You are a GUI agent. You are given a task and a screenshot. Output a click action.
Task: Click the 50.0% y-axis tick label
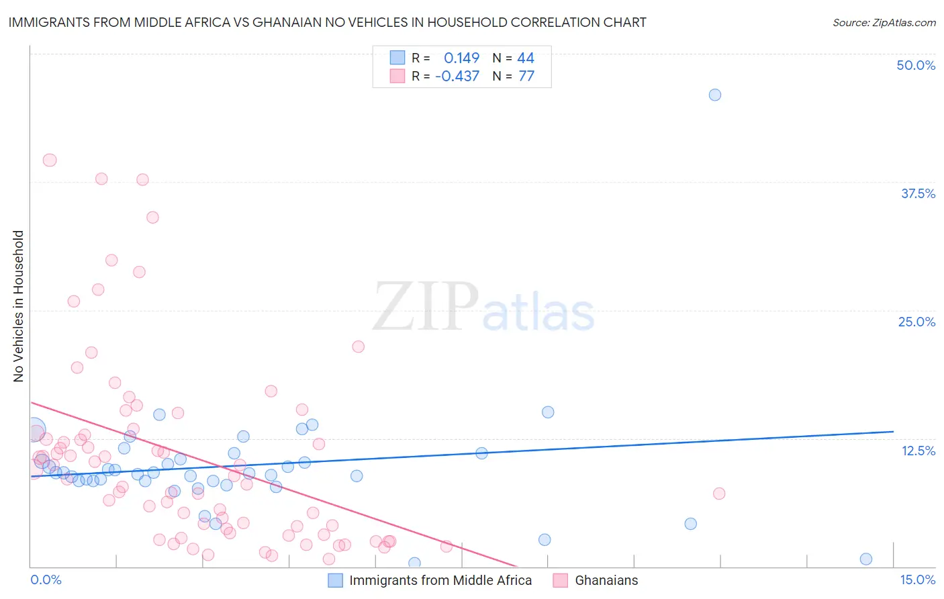tap(916, 65)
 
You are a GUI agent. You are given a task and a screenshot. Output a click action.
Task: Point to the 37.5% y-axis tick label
tap(918, 193)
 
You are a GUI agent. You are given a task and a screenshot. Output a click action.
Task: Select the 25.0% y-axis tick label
tap(916, 322)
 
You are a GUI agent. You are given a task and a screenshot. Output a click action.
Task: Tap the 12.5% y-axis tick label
tap(918, 451)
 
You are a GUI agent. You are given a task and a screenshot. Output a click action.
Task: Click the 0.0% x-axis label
tap(46, 580)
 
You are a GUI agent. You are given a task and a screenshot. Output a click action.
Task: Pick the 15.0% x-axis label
tap(917, 580)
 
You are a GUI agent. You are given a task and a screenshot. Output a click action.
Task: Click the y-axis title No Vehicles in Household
tap(19, 306)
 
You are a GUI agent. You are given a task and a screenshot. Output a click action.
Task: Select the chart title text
tap(327, 22)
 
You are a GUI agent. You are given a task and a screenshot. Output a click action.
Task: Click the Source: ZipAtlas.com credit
tap(884, 23)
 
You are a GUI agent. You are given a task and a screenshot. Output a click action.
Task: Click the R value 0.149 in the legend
tap(461, 58)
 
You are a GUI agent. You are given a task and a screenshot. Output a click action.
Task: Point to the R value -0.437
tap(457, 76)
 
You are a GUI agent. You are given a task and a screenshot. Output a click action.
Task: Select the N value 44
tap(526, 58)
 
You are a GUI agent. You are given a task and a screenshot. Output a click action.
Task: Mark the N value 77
tap(526, 76)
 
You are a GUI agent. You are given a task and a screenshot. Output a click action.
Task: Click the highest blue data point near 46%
tap(715, 95)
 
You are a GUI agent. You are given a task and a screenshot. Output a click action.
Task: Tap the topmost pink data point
tap(50, 160)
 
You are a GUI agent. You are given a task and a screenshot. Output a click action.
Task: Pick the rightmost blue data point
tap(866, 559)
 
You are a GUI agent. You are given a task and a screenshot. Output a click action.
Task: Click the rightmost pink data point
tap(719, 494)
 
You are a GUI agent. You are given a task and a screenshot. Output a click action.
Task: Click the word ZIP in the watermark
tap(426, 308)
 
